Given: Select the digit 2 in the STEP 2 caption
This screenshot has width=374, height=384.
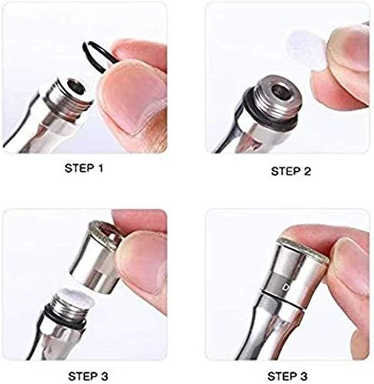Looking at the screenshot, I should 307,171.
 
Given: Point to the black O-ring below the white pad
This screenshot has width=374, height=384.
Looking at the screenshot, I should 68,318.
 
